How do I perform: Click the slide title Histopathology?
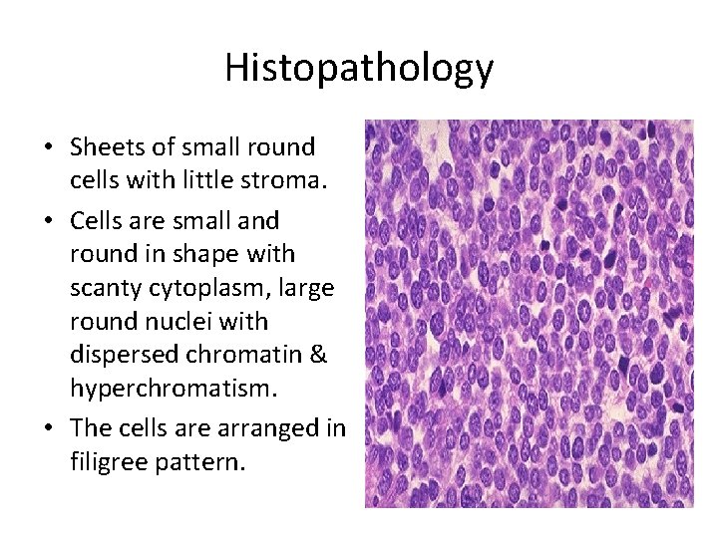coord(359,68)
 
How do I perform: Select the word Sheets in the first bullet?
coord(104,147)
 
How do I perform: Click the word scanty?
coord(104,287)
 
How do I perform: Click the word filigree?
coord(107,462)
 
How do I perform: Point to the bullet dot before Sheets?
coord(48,148)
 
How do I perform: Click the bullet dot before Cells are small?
coord(48,220)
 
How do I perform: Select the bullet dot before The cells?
coord(48,428)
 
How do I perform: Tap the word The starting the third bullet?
coord(89,427)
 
